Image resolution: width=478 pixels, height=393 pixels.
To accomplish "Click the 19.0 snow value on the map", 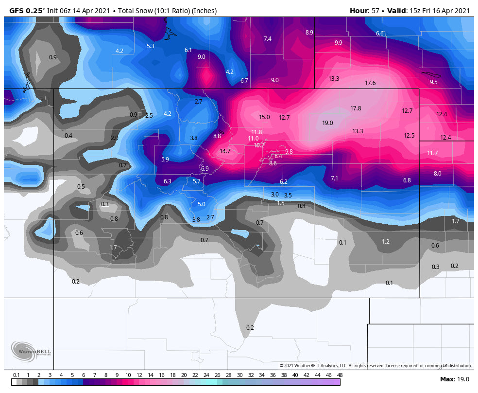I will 327,123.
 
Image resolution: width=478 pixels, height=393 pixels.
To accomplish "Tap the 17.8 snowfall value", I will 356,108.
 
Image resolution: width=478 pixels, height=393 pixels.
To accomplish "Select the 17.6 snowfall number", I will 370,83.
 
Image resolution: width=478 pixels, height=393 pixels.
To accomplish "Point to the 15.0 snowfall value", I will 264,117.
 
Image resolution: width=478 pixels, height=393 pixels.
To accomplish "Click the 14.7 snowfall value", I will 225,151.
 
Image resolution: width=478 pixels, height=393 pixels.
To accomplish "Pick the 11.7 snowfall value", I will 432,153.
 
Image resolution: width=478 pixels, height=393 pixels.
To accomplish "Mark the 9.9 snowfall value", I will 339,43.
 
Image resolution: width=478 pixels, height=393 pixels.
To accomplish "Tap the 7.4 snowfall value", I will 267,39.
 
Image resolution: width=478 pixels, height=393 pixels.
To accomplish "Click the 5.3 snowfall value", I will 150,46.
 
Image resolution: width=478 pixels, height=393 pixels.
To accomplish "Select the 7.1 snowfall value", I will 334,179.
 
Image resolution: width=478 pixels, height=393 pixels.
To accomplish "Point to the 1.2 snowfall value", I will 386,242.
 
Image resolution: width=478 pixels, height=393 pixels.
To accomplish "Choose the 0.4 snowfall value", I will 68,136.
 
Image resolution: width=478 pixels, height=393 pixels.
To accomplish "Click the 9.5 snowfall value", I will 433,82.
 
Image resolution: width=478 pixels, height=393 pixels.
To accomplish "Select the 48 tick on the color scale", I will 340,375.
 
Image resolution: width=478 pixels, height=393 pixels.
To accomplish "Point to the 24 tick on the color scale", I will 206,375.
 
